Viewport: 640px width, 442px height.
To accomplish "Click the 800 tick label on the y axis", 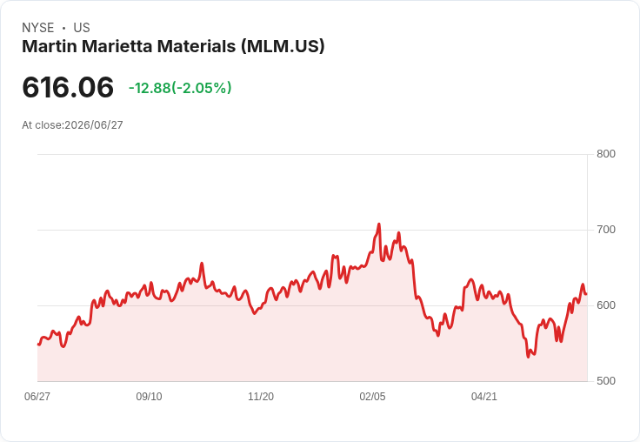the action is click(x=606, y=154).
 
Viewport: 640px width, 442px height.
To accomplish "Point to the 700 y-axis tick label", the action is click(x=606, y=230).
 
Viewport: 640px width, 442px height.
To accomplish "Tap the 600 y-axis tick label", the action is click(x=606, y=305).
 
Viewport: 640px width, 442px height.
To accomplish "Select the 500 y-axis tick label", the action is click(x=606, y=381).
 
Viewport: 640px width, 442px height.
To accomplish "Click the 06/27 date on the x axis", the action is click(x=37, y=396).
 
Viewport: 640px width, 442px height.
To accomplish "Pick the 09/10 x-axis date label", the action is click(x=149, y=396).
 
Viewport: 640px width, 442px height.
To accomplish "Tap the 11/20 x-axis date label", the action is click(x=261, y=396).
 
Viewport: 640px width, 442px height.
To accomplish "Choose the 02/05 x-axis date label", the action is click(x=372, y=396).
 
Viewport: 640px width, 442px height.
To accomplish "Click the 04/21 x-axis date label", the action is click(x=484, y=396).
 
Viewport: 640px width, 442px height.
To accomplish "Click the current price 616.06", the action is click(x=68, y=87).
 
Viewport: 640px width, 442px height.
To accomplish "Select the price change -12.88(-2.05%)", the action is click(x=180, y=88).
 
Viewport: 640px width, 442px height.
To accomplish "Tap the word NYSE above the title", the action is click(x=38, y=28).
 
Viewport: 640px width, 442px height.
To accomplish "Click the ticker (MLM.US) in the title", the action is click(x=283, y=46).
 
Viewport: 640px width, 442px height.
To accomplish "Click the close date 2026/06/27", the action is click(x=93, y=125).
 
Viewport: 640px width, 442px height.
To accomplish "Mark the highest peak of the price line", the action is click(x=379, y=224).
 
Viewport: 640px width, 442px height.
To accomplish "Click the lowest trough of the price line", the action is click(x=528, y=357).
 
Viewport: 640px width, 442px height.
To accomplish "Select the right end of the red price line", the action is click(x=587, y=294).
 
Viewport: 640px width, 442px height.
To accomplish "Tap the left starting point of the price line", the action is click(x=38, y=345).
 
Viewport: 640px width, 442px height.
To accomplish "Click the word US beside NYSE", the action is click(x=82, y=28).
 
